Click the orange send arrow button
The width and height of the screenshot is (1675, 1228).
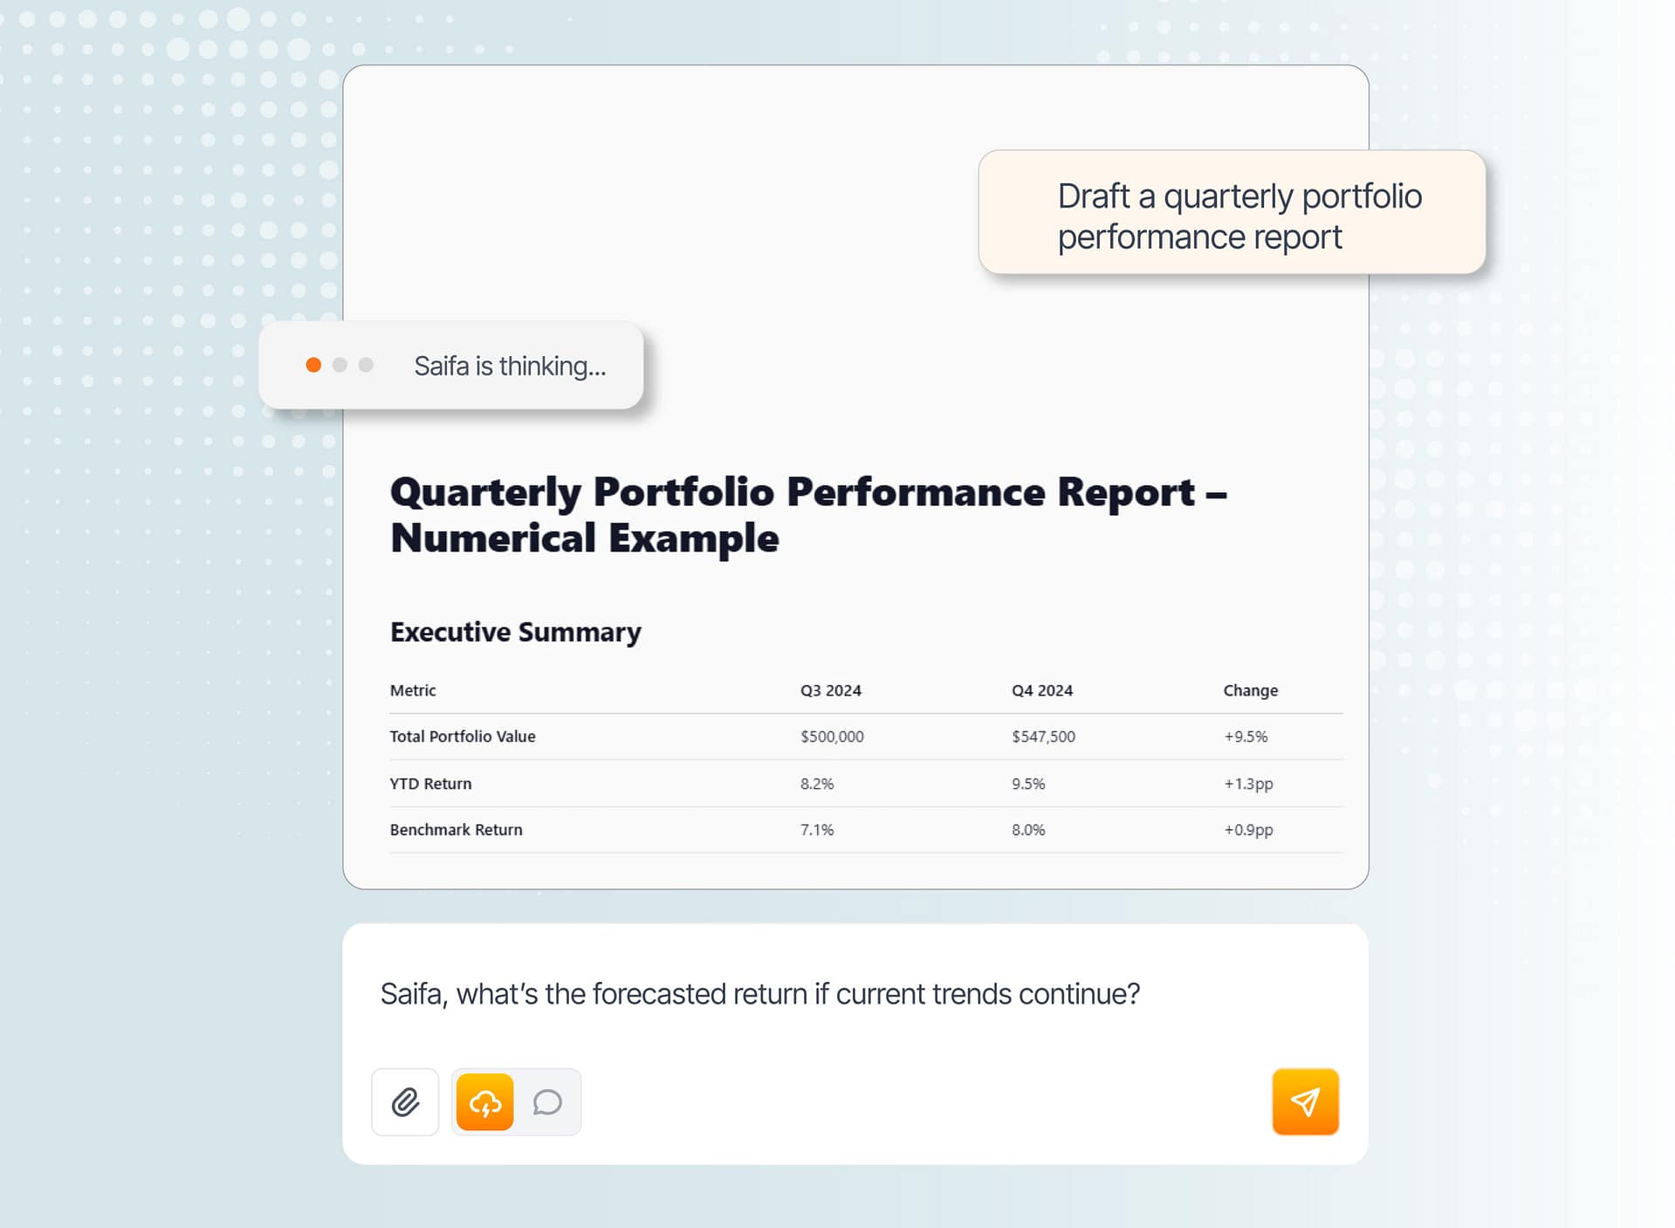[1305, 1101]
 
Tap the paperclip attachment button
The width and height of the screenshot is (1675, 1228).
[405, 1102]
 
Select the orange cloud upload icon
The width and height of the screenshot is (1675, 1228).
[484, 1102]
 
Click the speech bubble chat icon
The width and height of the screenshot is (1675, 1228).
[547, 1102]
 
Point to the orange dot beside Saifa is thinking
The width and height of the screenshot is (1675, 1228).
[313, 365]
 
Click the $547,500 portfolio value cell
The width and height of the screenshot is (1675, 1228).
[1043, 737]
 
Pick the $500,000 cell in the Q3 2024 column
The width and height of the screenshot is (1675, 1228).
[832, 737]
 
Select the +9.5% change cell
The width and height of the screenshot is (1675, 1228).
[1246, 737]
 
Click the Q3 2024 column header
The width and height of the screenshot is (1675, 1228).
[831, 690]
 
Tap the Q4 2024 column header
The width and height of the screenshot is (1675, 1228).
[1042, 690]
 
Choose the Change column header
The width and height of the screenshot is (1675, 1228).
[1251, 690]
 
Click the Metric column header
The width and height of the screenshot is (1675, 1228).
[413, 690]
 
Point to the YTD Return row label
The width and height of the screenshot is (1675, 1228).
[430, 784]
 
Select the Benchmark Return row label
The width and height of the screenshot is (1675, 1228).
[457, 830]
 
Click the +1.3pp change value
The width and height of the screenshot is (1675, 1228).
[1248, 784]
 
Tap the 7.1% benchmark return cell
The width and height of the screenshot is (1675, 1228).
[817, 830]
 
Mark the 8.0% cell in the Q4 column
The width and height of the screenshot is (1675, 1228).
[1028, 830]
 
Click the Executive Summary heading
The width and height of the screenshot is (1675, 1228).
[516, 632]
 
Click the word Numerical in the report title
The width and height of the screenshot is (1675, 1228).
[493, 538]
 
